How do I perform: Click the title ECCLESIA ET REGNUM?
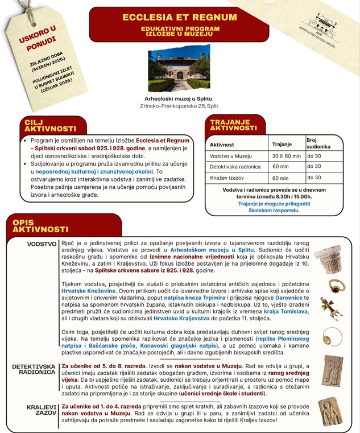coord(180,17)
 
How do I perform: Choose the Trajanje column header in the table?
coord(282,145)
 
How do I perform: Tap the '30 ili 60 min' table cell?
coord(286,156)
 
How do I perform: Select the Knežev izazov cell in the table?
coord(227,178)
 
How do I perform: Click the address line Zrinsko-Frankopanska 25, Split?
coord(179,105)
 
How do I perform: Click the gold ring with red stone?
coord(337,285)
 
